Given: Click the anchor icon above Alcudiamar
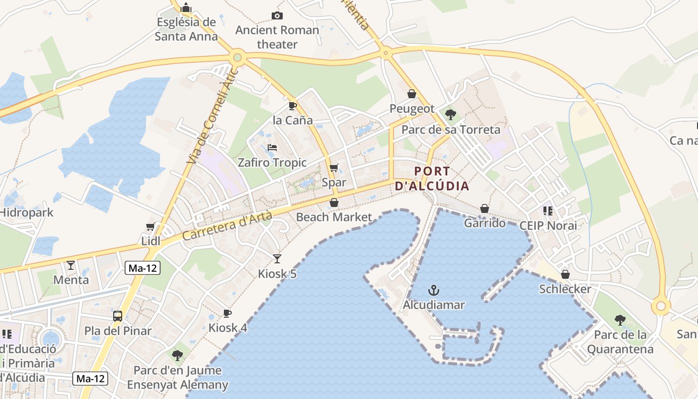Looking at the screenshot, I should pos(434,290).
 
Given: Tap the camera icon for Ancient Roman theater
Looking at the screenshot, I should pos(277,16).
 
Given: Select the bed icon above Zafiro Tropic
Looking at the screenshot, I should pos(272,148).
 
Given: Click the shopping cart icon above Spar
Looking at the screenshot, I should pos(334,168).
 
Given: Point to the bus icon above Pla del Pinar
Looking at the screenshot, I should pos(118,316).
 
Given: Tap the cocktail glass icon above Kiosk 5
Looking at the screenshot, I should pos(277,258).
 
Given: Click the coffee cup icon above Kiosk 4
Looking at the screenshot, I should pos(227,313).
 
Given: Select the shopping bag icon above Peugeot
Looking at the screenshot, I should pos(412,94).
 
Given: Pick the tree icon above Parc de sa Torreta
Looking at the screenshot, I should pos(451,115).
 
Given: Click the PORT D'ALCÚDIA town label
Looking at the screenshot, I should pos(432,179).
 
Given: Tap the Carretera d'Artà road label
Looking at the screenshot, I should pos(227,225).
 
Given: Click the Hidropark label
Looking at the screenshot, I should pos(26,212).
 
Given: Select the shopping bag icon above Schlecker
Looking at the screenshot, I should pos(565,274).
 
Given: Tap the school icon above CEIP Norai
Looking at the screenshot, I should pos(548,211).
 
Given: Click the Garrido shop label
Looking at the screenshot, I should pos(485,223).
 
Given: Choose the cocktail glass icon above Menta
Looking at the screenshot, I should pos(71,265).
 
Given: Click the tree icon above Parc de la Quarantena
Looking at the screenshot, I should pos(620,320).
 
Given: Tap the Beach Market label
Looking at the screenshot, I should pos(334,217).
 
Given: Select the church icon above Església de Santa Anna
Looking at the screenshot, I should pos(186,7).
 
